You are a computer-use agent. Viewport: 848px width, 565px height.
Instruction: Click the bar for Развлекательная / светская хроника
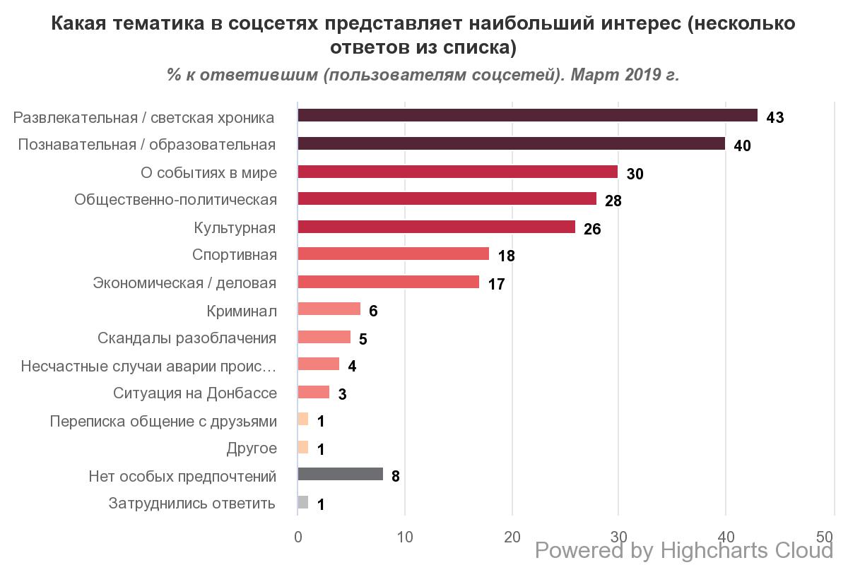click(527, 116)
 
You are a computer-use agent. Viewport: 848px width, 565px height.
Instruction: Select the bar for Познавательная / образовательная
click(511, 143)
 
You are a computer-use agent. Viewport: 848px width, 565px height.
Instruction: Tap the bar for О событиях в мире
click(457, 172)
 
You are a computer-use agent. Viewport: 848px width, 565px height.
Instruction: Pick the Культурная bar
click(436, 227)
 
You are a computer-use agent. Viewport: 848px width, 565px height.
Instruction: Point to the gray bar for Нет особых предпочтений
click(340, 475)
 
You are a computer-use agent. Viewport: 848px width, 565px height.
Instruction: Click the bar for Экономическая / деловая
click(388, 282)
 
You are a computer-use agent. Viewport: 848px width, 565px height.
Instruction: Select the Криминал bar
click(329, 309)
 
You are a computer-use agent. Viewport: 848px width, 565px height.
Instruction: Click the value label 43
click(775, 117)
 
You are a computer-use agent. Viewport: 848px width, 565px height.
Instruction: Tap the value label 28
click(613, 201)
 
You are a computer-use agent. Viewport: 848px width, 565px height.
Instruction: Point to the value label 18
click(506, 256)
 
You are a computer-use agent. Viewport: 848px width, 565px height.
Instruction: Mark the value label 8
click(396, 476)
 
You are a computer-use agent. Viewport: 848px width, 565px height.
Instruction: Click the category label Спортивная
click(235, 255)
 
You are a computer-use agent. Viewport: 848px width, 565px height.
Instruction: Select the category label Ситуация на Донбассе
click(195, 393)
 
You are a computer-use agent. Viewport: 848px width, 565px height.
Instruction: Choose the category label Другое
click(252, 448)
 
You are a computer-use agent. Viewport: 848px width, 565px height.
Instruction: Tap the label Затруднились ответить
click(192, 504)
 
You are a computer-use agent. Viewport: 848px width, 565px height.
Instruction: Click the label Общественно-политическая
click(175, 200)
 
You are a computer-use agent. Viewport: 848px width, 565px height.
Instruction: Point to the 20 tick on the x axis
click(512, 537)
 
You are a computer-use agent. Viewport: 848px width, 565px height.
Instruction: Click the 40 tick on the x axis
click(726, 537)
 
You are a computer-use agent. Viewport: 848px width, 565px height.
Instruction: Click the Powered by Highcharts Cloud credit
click(684, 550)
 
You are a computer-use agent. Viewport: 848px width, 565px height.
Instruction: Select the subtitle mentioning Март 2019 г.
click(423, 75)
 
